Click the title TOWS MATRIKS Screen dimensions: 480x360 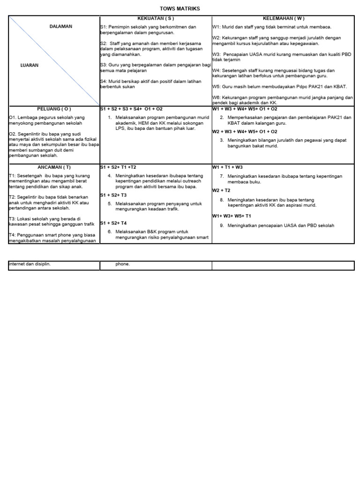(180, 9)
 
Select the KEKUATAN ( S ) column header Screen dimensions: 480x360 (156, 18)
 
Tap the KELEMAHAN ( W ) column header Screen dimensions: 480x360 (284, 18)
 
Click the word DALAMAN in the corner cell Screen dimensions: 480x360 (61, 27)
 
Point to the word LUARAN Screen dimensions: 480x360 (30, 66)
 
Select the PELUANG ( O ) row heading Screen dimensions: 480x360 (54, 109)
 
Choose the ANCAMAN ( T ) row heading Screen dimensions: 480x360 (54, 167)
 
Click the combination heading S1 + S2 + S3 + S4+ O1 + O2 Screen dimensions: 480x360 (131, 109)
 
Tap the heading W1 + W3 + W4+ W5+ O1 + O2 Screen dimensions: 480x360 (245, 109)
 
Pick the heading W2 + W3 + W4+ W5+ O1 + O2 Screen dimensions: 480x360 (245, 132)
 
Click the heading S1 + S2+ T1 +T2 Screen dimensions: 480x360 (118, 167)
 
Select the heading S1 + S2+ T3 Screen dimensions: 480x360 (113, 195)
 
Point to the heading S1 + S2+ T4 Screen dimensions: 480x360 (113, 223)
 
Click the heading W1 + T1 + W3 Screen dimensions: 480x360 (227, 167)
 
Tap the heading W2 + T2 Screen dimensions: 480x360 (221, 190)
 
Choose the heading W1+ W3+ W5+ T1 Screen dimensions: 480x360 (232, 216)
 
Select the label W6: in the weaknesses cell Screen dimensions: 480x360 (217, 97)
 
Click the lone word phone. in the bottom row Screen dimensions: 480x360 (123, 264)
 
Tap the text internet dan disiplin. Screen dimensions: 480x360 (30, 264)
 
